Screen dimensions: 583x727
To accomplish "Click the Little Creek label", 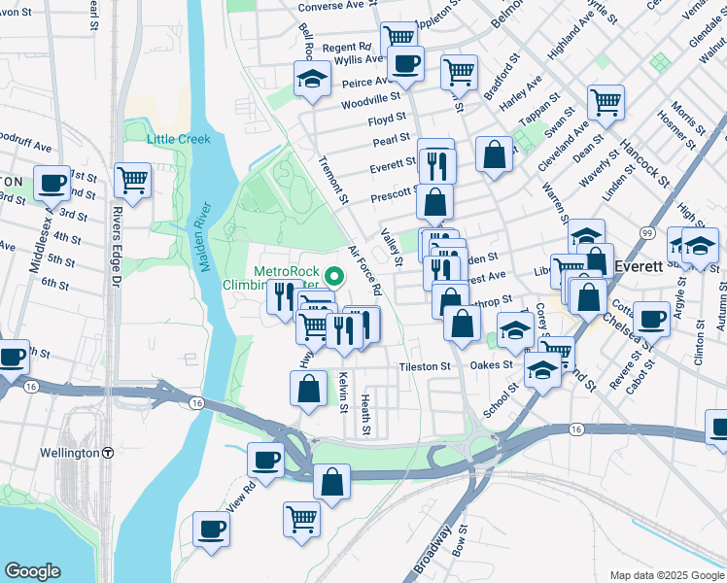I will pos(179,139).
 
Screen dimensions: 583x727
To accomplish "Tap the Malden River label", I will pos(205,239).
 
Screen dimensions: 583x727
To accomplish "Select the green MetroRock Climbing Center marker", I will pos(335,276).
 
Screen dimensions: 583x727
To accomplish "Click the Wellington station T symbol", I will pos(108,453).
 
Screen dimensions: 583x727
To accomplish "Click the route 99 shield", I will pos(646,233).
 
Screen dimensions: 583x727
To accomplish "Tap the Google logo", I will pos(32,570).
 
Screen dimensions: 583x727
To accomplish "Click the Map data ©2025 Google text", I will pos(666,575).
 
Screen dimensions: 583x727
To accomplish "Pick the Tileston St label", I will pos(425,366).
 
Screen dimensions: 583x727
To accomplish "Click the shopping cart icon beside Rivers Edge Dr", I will pos(132,179).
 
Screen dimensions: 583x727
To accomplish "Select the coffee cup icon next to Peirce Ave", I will pos(405,64).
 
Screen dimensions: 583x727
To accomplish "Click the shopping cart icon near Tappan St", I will pos(606,100).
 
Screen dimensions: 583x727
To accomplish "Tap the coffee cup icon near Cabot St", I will pos(650,317).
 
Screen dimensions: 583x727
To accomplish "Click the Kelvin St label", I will pos(342,394).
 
